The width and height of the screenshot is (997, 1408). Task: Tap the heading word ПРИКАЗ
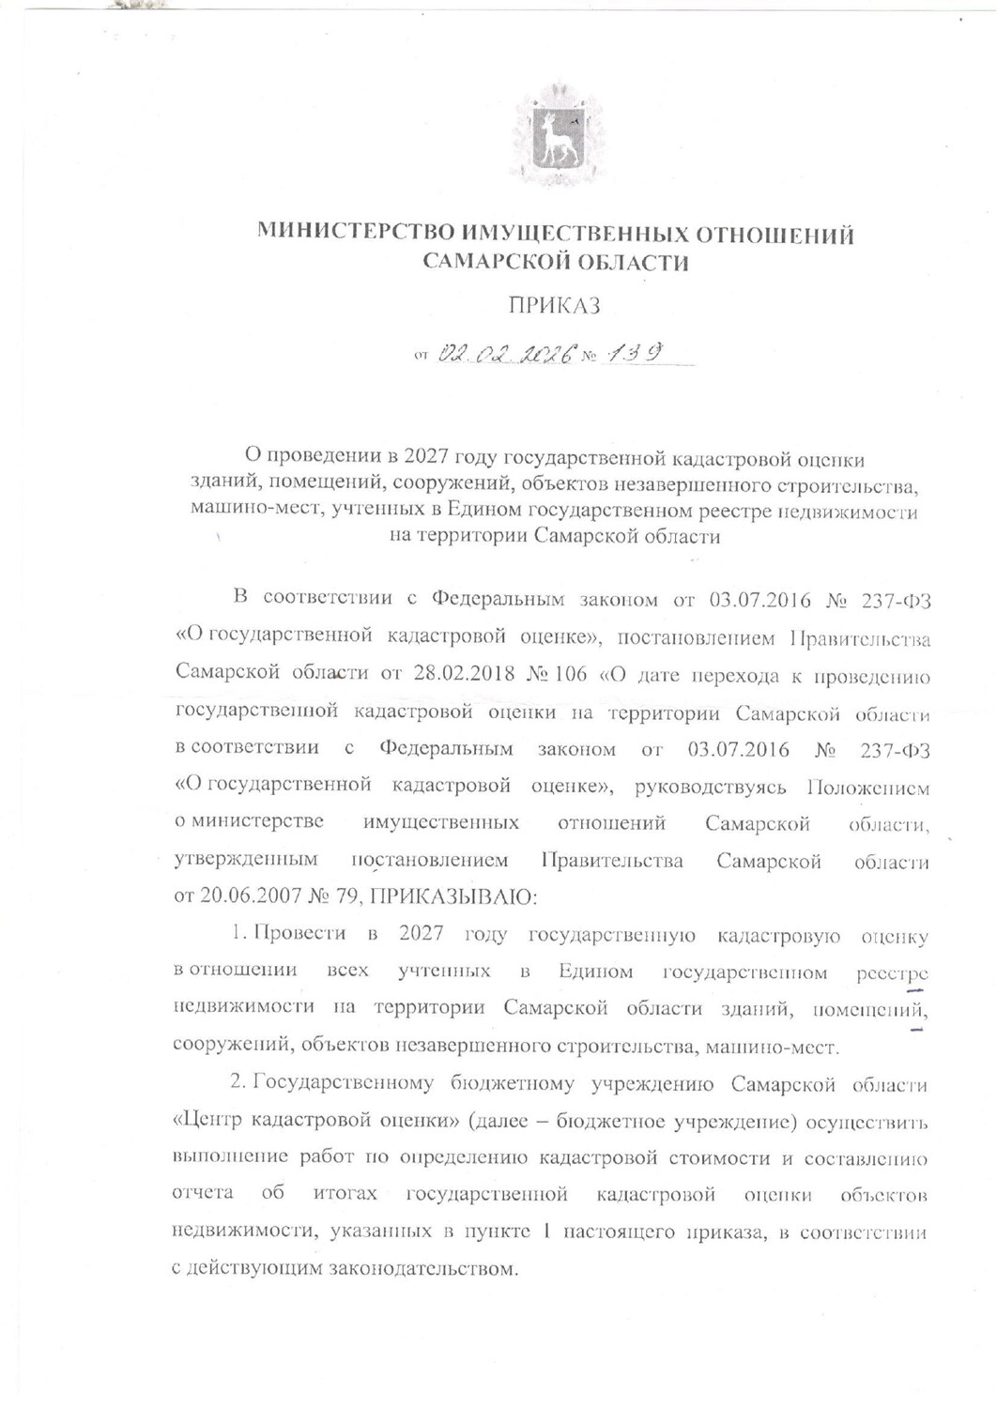click(x=554, y=305)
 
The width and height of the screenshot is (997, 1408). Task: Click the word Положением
click(x=868, y=787)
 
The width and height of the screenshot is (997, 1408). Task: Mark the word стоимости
click(x=718, y=1157)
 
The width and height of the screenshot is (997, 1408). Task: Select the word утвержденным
click(x=246, y=860)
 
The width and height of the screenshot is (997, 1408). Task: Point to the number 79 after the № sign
click(x=346, y=896)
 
